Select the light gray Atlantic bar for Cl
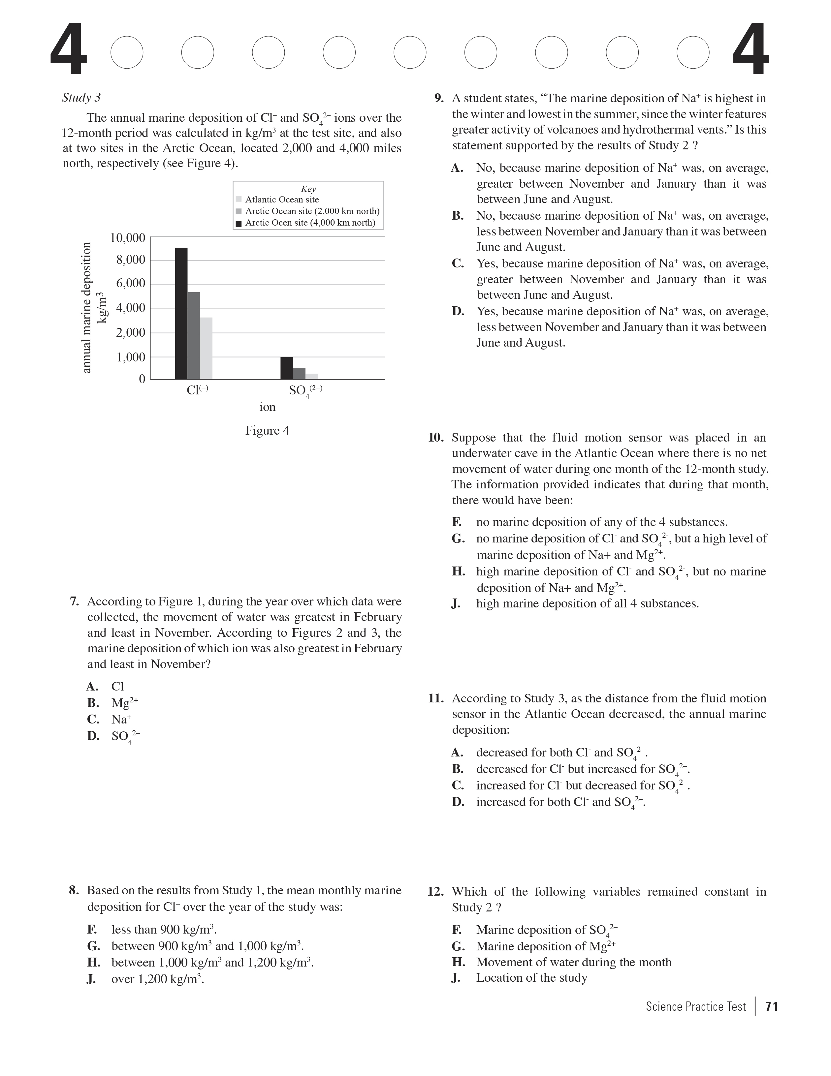206,348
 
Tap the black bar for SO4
286,368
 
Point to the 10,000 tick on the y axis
128,238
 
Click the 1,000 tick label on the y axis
131,357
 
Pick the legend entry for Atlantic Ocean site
281,200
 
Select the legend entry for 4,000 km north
309,223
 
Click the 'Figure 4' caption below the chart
267,431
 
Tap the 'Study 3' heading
81,98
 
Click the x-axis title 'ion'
267,407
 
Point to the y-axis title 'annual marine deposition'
87,307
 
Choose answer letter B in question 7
93,703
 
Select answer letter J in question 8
91,979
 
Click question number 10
436,438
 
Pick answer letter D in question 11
458,802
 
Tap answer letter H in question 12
458,962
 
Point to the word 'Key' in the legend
308,189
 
